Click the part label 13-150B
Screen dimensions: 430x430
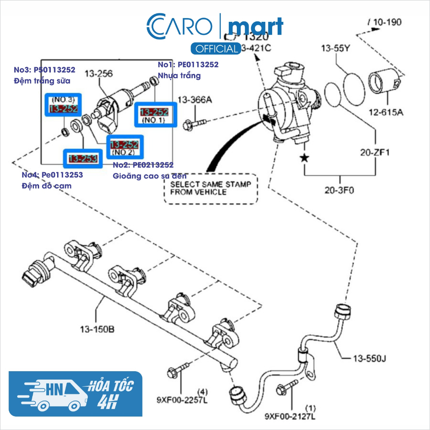click(97, 330)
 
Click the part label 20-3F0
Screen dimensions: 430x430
click(339, 190)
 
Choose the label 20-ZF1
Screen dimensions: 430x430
click(375, 152)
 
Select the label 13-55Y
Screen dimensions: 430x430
click(336, 48)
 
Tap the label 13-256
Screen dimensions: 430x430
click(99, 74)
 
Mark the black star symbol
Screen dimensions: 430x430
click(304, 158)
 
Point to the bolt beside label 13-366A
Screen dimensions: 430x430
click(196, 124)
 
